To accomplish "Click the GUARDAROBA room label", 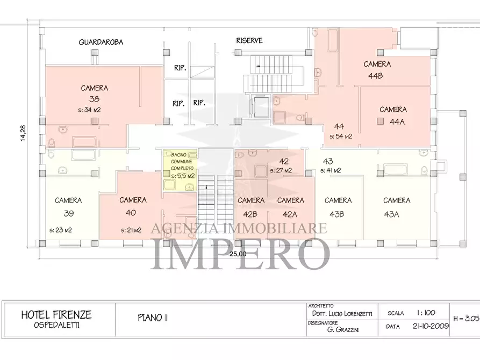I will pos(101,42).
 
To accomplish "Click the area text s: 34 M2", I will pos(90,110).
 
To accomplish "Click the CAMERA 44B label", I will pos(377,70).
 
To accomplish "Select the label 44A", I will pos(397,121).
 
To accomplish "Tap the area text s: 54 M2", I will pos(341,136).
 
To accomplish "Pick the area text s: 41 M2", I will pos(331,170).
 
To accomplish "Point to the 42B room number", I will pos(250,214).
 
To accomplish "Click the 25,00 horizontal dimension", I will pos(237,254).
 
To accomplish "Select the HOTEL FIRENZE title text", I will pos(56,315).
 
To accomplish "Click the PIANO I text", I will pos(153,318).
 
